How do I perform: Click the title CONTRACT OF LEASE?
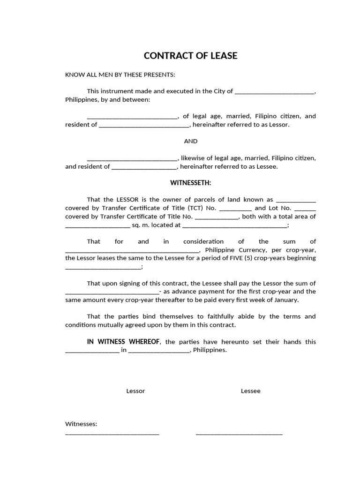[190, 56]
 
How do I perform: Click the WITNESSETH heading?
[190, 182]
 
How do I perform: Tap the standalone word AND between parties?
[190, 141]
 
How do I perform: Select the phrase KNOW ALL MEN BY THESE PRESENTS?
[120, 75]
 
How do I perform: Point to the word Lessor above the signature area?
[135, 391]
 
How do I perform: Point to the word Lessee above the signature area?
[251, 391]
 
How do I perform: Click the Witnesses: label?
[81, 424]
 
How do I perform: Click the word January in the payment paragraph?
[285, 300]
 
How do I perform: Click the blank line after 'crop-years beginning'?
[103, 267]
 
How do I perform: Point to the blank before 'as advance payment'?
[112, 292]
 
